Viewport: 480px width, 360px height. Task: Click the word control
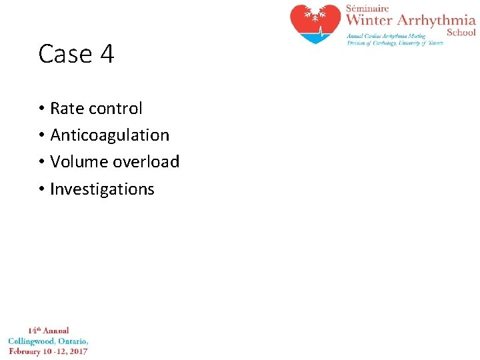[x=116, y=108]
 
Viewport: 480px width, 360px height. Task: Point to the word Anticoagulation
[x=110, y=135]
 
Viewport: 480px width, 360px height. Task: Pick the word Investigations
[x=102, y=189]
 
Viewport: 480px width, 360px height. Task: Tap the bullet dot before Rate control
[x=41, y=109]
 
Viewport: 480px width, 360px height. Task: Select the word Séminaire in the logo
[x=367, y=8]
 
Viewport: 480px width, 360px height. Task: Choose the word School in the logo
[x=461, y=32]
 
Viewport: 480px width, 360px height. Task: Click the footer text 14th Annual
[x=48, y=331]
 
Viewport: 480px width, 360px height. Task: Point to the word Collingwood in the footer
[x=31, y=341]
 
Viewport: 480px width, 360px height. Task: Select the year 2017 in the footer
[x=77, y=351]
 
